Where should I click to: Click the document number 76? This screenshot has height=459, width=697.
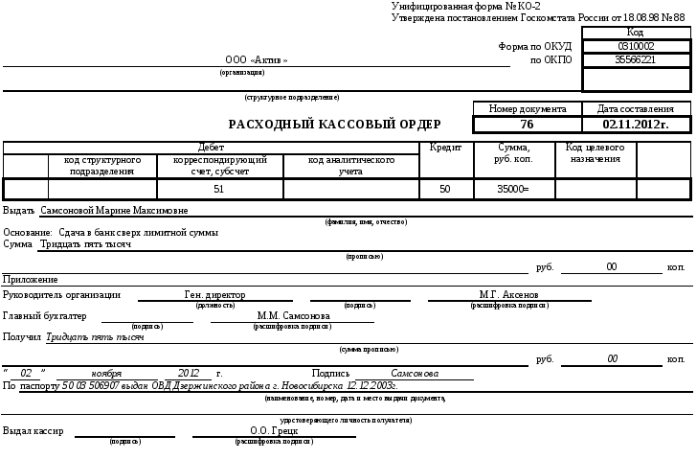(527, 125)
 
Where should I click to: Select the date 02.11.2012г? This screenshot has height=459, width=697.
(636, 125)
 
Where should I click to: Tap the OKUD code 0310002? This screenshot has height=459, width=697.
(636, 46)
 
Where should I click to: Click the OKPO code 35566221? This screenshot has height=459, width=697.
(636, 59)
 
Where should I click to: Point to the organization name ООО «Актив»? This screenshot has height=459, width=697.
(257, 60)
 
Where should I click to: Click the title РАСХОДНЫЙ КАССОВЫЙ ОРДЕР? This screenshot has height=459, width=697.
(334, 125)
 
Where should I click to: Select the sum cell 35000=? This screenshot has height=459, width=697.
(513, 190)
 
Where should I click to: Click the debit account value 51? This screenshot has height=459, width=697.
(218, 190)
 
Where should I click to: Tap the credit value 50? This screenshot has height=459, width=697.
(444, 190)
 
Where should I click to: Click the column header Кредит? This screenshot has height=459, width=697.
(446, 148)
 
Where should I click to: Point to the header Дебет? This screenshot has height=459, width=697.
(211, 148)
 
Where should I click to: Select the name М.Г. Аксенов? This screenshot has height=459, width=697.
(509, 295)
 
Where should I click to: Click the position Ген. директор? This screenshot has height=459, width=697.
(214, 295)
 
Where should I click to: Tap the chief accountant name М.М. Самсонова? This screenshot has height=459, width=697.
(294, 315)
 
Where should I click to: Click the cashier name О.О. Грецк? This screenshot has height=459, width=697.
(267, 431)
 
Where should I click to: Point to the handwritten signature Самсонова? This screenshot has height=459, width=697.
(416, 373)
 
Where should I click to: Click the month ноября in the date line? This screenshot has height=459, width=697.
(106, 373)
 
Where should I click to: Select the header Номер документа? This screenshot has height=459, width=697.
(528, 109)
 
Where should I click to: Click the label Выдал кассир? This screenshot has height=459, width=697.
(34, 431)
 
